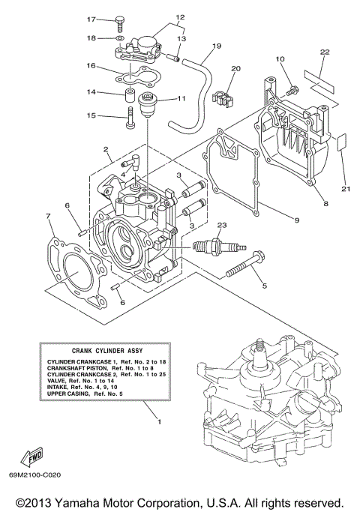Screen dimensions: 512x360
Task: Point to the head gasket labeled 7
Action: tap(68, 266)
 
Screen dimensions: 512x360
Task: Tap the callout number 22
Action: tap(324, 52)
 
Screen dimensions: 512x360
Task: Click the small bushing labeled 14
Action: tap(130, 96)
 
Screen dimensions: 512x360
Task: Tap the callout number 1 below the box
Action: tap(157, 422)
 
